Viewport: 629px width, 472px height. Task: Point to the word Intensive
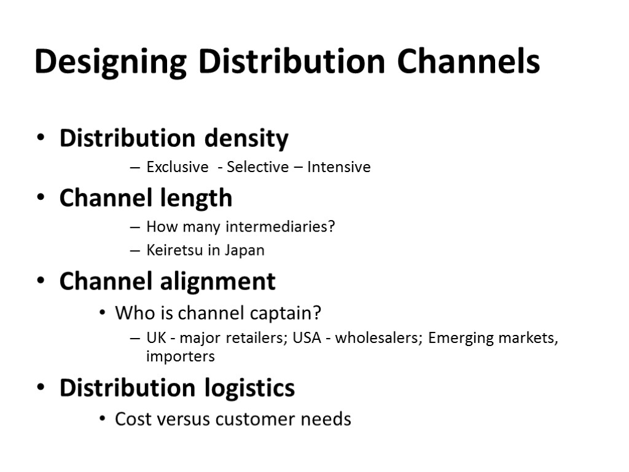click(x=339, y=167)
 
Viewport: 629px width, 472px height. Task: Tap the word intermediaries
click(x=281, y=227)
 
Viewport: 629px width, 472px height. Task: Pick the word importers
click(x=181, y=356)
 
